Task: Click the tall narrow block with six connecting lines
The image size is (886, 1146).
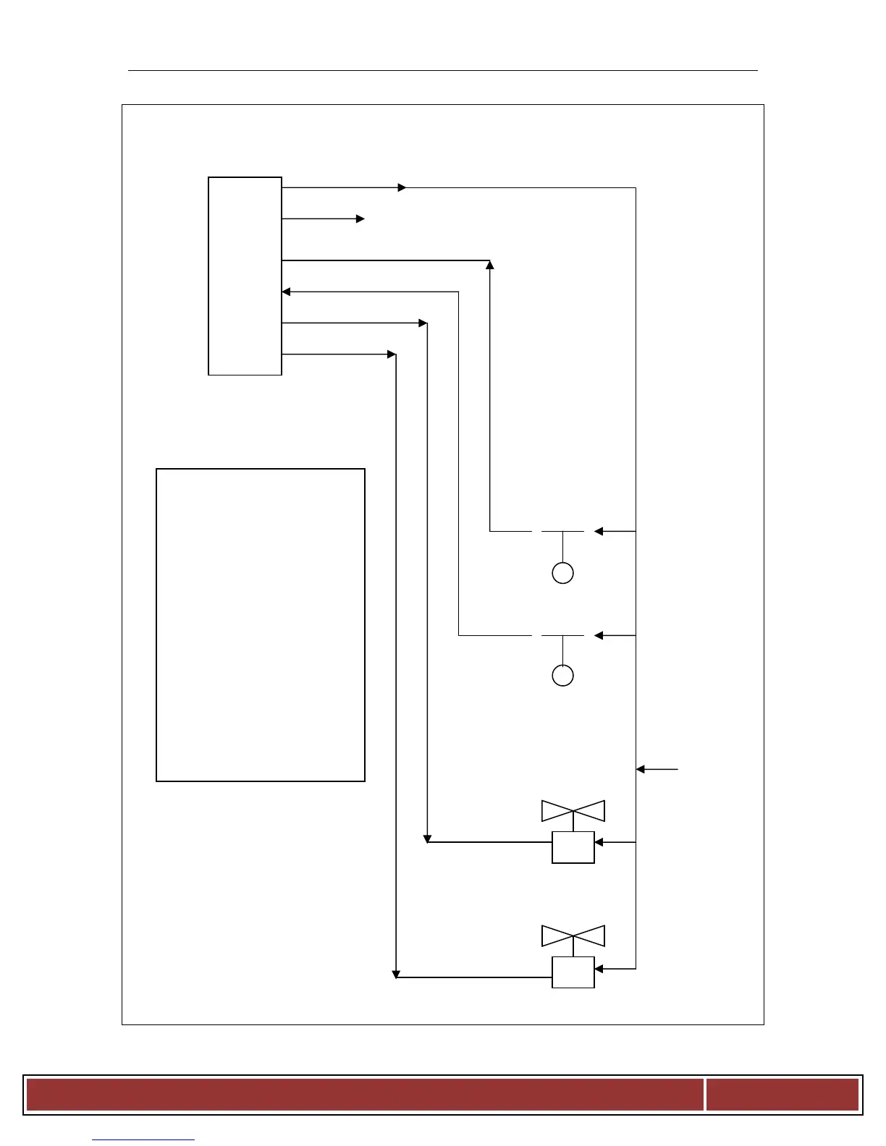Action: click(x=245, y=276)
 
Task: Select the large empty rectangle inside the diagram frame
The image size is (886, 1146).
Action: click(x=261, y=625)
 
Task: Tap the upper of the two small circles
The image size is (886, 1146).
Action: click(x=562, y=573)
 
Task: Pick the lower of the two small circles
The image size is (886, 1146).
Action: click(x=562, y=675)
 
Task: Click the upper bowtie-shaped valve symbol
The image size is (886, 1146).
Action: click(x=573, y=811)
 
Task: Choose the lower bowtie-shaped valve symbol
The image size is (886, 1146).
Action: click(x=573, y=936)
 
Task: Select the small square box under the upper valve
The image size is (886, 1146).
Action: click(x=573, y=847)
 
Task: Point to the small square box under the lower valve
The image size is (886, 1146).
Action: click(x=573, y=972)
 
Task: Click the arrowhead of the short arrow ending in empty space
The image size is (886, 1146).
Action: click(x=360, y=218)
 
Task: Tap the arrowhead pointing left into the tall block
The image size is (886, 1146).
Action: click(x=286, y=292)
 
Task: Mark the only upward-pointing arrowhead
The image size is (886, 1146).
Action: click(x=490, y=265)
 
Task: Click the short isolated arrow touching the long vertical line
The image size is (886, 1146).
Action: click(x=657, y=769)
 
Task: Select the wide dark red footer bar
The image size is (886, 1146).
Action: click(x=365, y=1095)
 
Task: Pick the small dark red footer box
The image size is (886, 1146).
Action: click(x=782, y=1095)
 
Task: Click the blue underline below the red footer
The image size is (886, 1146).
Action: click(x=143, y=1140)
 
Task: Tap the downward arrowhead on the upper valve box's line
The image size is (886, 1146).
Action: click(x=428, y=839)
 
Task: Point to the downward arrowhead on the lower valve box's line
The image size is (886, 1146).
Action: click(x=396, y=974)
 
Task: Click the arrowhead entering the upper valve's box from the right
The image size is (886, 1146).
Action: click(x=599, y=842)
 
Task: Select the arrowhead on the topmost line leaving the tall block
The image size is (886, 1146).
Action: click(x=402, y=187)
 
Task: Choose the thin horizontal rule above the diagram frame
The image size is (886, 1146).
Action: click(x=443, y=71)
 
